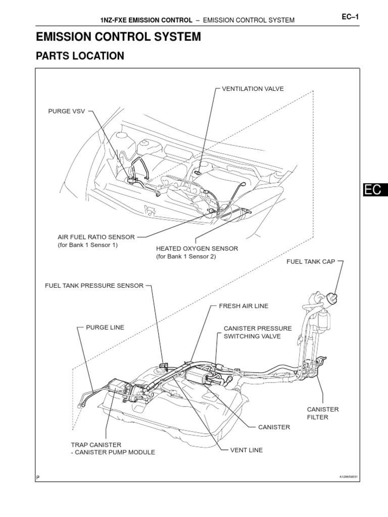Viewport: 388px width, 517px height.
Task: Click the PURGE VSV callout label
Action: (66, 111)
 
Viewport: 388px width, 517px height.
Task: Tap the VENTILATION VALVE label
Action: (253, 89)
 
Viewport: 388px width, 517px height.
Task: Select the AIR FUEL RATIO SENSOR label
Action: (96, 237)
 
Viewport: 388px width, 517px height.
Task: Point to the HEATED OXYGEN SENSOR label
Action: (197, 249)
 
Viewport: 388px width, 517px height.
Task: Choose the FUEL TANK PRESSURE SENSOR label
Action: (94, 286)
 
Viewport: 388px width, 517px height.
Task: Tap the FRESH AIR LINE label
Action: (244, 306)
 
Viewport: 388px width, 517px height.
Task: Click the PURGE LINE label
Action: (105, 327)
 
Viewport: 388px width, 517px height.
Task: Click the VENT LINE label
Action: (246, 450)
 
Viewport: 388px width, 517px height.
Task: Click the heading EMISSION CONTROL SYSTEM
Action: (118, 37)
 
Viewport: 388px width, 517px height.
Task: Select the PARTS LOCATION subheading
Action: (80, 56)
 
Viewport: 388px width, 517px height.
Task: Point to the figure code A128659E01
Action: (352, 476)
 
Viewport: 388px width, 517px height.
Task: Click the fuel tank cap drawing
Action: (332, 297)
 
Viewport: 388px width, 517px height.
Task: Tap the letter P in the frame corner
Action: (38, 477)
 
